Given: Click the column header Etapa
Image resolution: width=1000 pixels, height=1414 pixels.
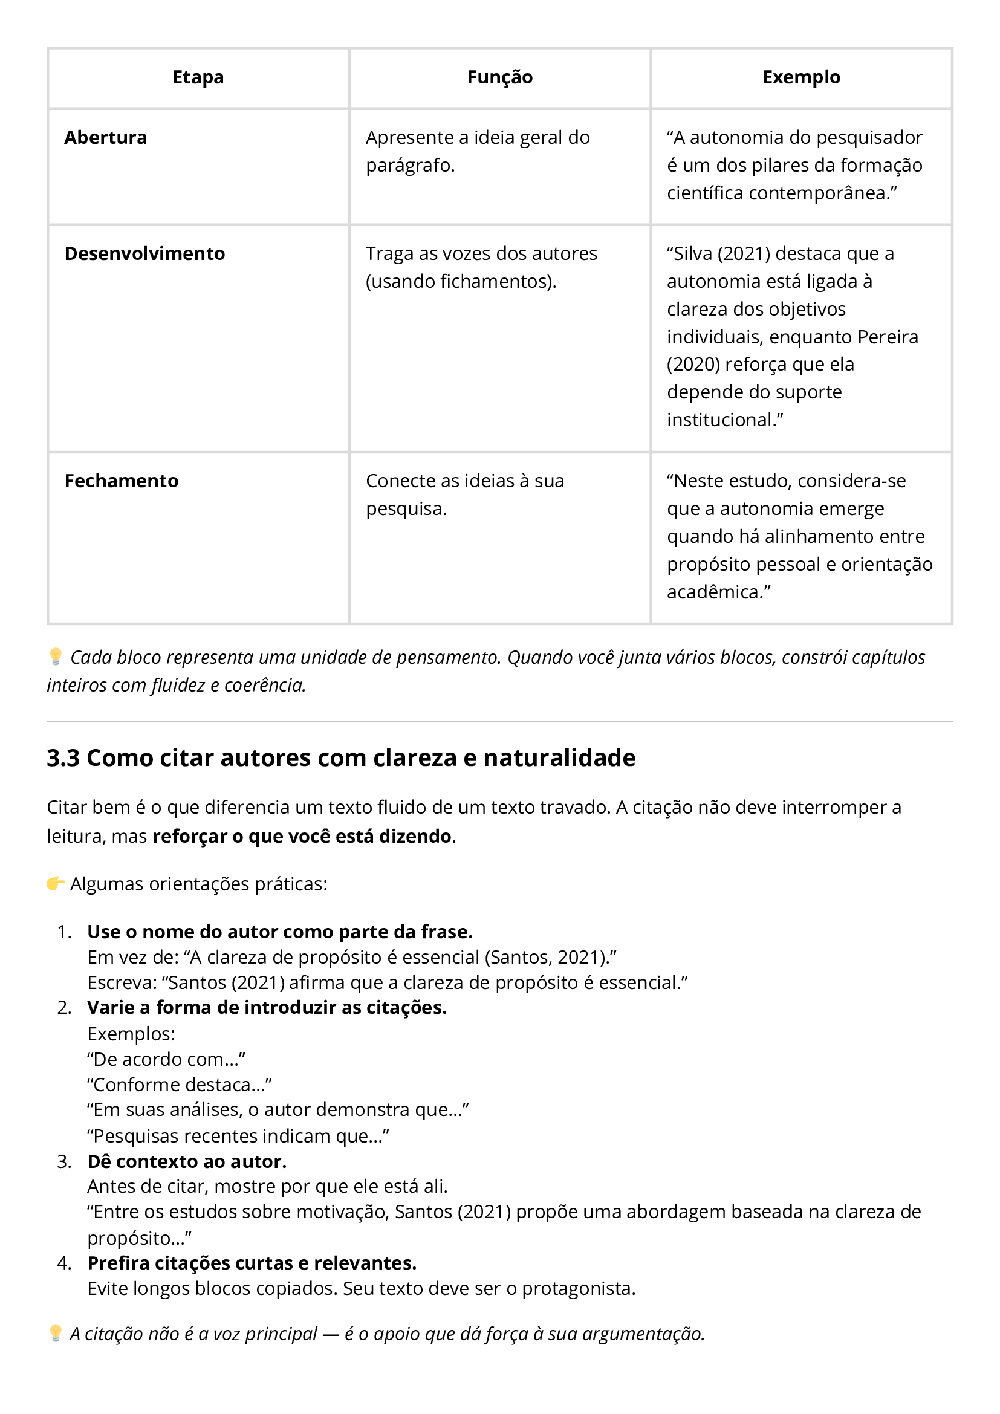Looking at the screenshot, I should (198, 77).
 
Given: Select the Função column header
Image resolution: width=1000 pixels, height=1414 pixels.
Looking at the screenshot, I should (499, 77).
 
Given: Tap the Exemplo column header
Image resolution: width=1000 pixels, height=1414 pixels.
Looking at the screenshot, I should (801, 77).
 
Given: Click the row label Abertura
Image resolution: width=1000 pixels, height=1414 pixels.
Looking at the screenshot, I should (105, 137).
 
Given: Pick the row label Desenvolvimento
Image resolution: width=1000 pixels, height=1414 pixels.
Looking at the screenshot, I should (144, 254).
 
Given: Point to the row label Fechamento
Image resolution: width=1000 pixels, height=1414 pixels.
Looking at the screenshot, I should (122, 481).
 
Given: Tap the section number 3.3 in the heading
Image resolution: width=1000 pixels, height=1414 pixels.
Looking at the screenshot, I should (63, 758).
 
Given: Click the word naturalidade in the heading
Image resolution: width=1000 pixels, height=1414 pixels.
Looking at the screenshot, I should (559, 758).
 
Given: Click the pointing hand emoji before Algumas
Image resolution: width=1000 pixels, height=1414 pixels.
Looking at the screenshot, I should (56, 884).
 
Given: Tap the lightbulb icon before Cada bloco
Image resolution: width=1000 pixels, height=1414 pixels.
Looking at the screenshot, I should (56, 657).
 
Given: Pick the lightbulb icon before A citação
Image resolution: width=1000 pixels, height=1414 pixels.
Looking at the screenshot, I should (56, 1334).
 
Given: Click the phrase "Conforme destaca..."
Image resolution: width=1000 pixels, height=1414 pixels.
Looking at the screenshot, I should (179, 1085).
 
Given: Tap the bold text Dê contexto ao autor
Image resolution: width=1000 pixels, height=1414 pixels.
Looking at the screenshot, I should (187, 1161).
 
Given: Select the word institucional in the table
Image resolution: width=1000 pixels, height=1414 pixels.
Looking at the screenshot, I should (721, 420).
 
